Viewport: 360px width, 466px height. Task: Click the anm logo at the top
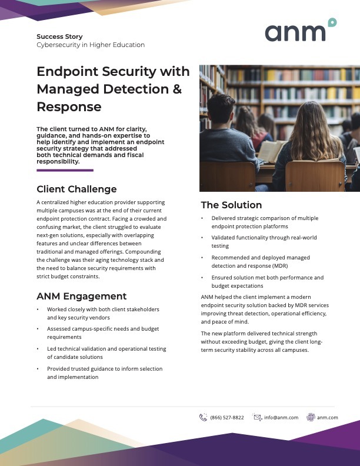[300, 31]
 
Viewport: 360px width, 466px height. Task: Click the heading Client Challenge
[76, 189]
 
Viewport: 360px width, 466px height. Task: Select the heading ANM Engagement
[81, 296]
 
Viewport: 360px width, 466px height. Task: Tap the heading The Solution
[231, 205]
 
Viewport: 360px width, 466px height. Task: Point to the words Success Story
[59, 36]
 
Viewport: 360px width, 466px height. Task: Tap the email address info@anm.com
[281, 417]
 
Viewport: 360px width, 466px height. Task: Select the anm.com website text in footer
[327, 417]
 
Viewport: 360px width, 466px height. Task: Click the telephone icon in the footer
[204, 417]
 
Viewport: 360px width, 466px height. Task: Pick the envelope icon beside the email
[257, 417]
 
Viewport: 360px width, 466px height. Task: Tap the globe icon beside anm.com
[311, 417]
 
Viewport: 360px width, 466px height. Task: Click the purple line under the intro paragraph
[65, 170]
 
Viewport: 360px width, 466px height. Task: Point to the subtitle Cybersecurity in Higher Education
[90, 45]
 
